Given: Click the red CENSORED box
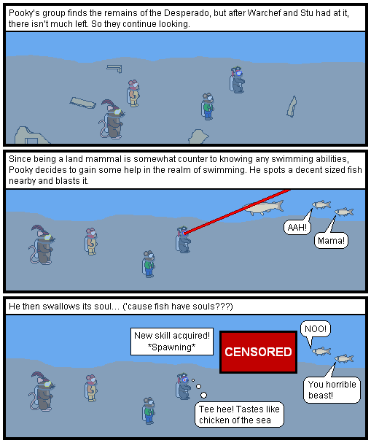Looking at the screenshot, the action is pyautogui.click(x=258, y=352).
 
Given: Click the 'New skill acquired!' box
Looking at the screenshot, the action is pyautogui.click(x=172, y=342).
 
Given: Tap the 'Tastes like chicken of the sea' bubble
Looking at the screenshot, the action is pyautogui.click(x=239, y=415).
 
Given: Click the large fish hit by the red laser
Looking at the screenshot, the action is pyautogui.click(x=263, y=208).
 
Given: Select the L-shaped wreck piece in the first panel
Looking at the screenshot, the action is pyautogui.click(x=114, y=69).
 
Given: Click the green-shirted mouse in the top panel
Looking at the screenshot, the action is pyautogui.click(x=208, y=107).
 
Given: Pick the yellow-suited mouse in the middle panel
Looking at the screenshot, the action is pyautogui.click(x=90, y=242).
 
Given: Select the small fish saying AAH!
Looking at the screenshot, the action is pyautogui.click(x=321, y=204).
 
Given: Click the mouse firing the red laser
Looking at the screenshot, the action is pyautogui.click(x=184, y=239).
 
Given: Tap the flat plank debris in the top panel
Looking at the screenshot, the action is pyautogui.click(x=82, y=103).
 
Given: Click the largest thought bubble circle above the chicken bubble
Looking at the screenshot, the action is pyautogui.click(x=203, y=395).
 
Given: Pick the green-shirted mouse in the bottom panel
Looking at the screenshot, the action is pyautogui.click(x=149, y=411).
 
